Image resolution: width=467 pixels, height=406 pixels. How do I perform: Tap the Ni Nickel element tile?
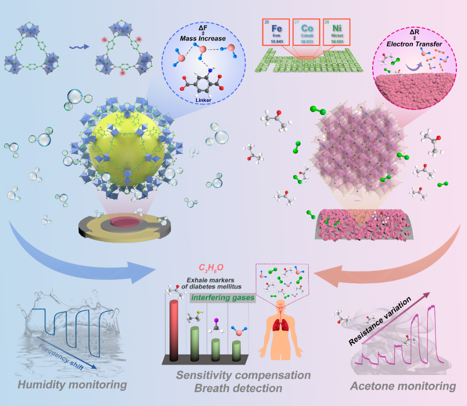pos(337,33)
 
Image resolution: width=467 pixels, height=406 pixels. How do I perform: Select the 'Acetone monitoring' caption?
pos(403,386)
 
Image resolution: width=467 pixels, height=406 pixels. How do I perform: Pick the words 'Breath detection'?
pos(237,388)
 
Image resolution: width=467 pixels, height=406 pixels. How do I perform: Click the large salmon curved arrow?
pos(388,260)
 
